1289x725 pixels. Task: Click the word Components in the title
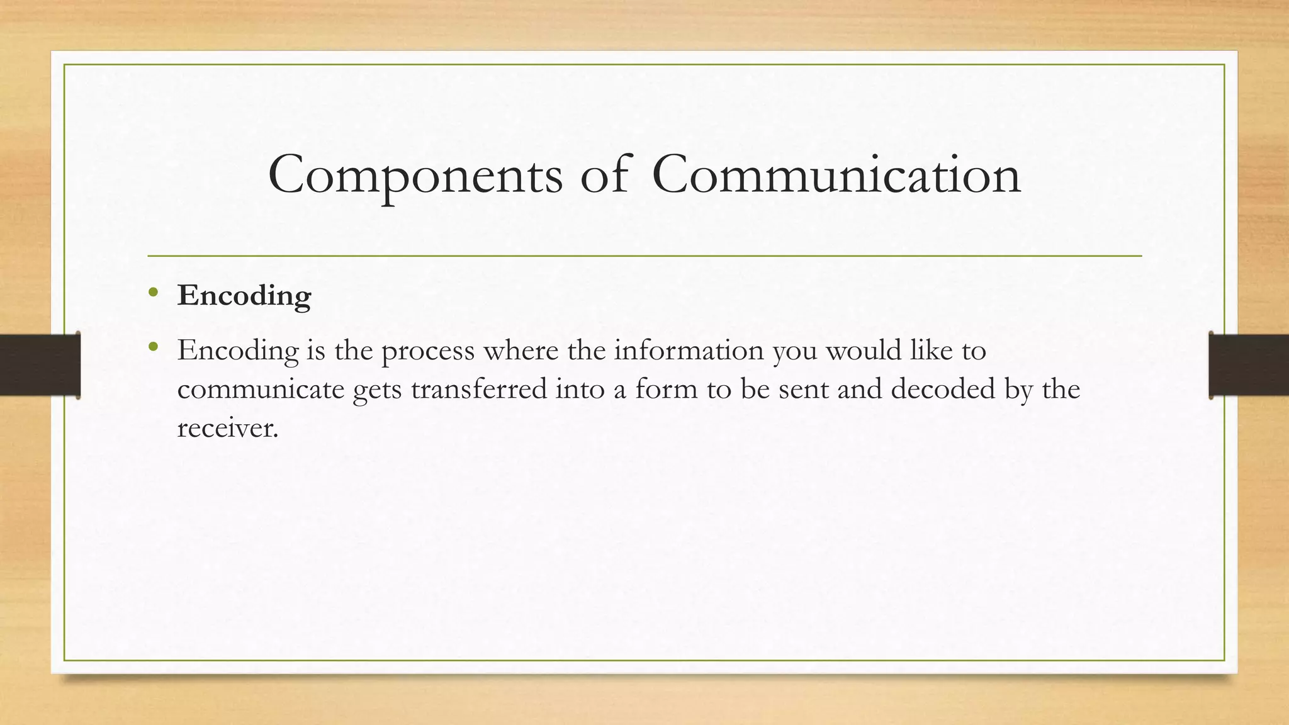pos(415,176)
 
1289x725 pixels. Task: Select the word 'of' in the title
pos(604,174)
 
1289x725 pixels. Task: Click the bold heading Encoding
pos(244,296)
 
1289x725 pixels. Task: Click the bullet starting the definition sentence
pos(154,347)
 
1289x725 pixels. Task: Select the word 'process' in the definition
pos(428,351)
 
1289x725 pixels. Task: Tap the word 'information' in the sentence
pos(689,350)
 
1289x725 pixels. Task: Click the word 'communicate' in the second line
pos(261,390)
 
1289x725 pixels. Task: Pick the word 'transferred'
pos(479,389)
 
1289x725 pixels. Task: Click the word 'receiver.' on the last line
pos(227,429)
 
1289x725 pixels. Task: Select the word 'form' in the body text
pos(666,389)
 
